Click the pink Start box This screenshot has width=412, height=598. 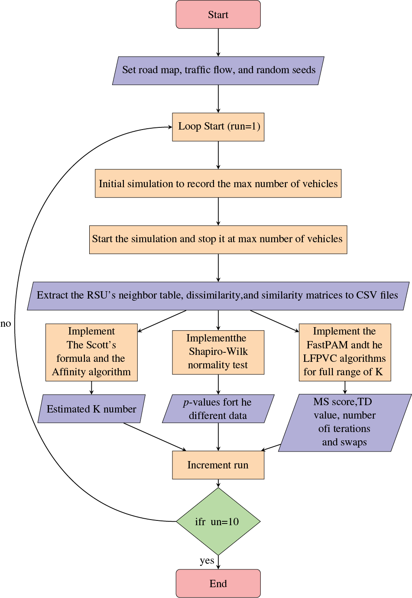218,15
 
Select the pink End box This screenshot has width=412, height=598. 218,583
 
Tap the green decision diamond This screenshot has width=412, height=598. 218,521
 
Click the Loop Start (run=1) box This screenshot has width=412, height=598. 218,127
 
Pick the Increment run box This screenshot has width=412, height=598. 218,465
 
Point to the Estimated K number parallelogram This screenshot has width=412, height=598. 91,409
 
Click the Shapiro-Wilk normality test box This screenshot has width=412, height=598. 218,352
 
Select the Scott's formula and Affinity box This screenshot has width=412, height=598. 91,352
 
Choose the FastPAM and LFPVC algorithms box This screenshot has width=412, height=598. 345,352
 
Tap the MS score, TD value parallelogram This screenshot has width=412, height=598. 345,422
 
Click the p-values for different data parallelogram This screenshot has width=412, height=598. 218,409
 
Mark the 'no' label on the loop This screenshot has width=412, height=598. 6,324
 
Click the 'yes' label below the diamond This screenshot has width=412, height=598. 207,561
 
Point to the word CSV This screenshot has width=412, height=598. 367,296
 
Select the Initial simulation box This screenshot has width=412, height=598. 218,183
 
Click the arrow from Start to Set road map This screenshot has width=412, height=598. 218,42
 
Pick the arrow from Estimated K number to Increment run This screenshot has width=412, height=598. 155,437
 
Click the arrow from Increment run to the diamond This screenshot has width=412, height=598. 218,483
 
